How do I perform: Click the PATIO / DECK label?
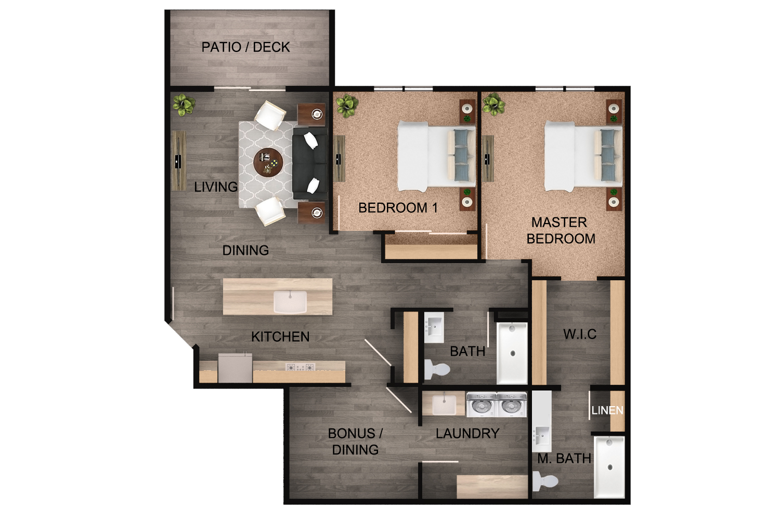[x=245, y=47]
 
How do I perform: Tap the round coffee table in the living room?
[x=268, y=163]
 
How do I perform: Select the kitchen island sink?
[x=290, y=302]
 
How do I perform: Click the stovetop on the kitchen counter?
[x=301, y=367]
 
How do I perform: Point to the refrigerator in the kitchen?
[x=235, y=368]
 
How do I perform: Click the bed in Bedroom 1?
[x=436, y=156]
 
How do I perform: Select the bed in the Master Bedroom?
[x=582, y=156]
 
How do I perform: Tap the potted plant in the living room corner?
[x=184, y=105]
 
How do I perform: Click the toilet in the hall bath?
[x=436, y=369]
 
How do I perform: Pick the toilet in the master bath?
[x=544, y=481]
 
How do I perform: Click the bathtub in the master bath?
[x=609, y=467]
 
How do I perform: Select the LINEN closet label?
[x=607, y=411]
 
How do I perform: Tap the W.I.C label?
[x=580, y=334]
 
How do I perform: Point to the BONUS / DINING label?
[x=356, y=441]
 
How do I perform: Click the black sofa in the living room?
[x=309, y=163]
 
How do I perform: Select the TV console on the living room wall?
[x=178, y=160]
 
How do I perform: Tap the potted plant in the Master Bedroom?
[x=493, y=105]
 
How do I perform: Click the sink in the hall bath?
[x=433, y=327]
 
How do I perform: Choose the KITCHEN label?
[x=280, y=337]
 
